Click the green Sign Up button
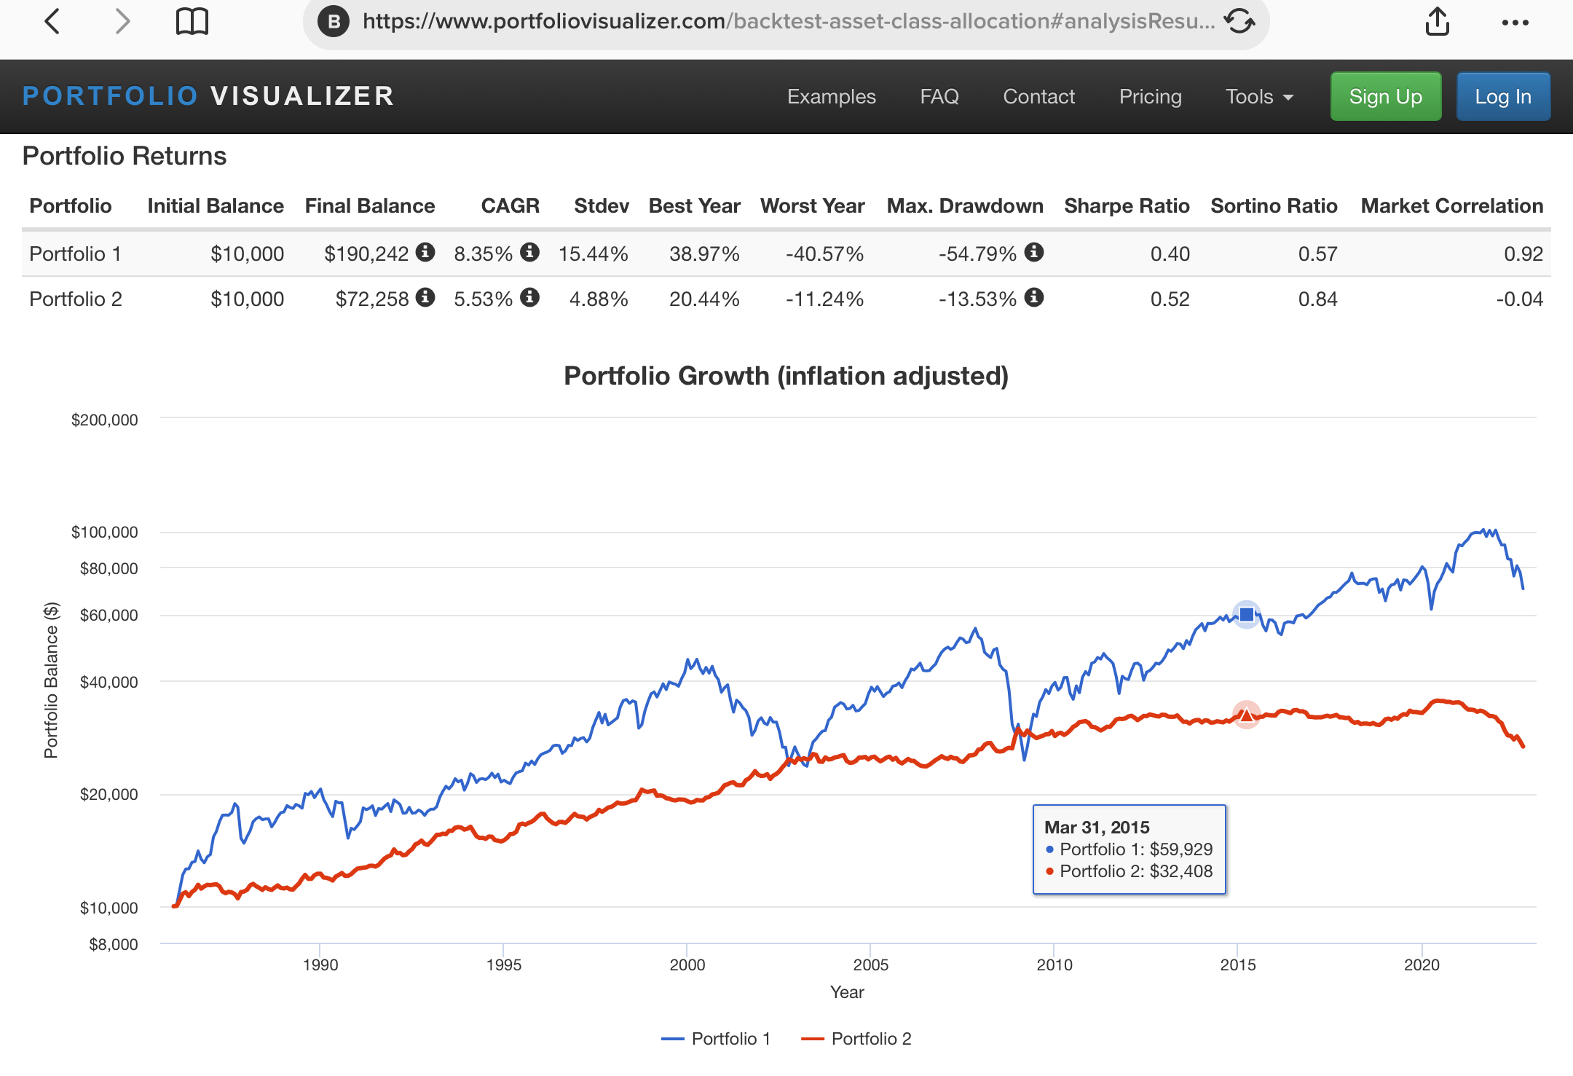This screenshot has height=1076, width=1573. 1385,96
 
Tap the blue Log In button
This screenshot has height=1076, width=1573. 1502,96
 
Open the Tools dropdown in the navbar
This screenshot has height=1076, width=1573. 1258,96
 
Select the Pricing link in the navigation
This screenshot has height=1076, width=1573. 1150,96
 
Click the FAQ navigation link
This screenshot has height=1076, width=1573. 939,96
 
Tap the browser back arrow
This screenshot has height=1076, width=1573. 52,22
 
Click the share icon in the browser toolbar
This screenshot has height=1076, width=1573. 1437,22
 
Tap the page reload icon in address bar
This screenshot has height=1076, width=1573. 1239,22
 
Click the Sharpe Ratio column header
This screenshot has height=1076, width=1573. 1126,206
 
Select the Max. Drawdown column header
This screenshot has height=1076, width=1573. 964,206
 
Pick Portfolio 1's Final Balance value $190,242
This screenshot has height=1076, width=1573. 366,254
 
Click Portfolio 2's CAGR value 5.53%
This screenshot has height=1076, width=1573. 483,299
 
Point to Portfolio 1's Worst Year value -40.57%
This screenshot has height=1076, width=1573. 824,254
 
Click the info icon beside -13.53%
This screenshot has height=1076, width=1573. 1034,297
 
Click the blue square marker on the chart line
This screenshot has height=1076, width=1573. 1247,615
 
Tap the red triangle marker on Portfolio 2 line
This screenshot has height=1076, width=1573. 1247,715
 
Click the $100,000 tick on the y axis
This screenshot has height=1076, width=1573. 104,532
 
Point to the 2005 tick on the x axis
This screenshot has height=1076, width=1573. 870,965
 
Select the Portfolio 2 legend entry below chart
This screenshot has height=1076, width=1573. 856,1039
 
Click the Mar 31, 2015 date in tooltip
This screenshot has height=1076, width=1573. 1097,827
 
